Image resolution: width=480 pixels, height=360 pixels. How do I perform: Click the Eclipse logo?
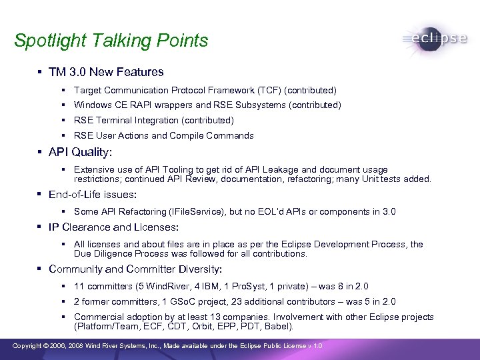(435, 39)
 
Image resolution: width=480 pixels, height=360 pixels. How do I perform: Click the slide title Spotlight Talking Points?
(111, 41)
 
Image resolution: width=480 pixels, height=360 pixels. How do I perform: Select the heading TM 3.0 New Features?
(106, 71)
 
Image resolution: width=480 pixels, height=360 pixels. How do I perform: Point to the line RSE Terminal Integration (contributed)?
(153, 120)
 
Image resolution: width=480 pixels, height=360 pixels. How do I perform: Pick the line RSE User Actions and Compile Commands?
(163, 135)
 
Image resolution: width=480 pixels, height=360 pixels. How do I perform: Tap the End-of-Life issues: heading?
(93, 195)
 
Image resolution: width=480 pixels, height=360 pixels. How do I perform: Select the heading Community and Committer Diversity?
(135, 269)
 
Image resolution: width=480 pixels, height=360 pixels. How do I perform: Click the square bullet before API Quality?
(42, 152)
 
